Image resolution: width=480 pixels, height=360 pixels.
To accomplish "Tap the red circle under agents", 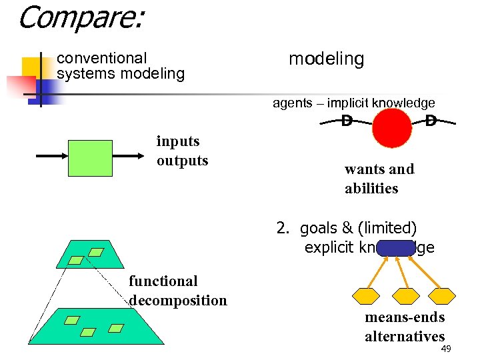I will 392,127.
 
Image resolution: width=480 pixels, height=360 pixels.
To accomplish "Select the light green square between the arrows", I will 91,157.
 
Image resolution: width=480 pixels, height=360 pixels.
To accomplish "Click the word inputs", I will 178,141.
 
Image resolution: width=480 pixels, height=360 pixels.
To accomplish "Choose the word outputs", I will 182,161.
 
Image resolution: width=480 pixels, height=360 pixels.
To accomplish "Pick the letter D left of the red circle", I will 347,121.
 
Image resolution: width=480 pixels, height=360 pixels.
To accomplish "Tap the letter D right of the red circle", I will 431,121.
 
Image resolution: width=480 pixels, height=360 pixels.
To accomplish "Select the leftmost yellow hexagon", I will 364,295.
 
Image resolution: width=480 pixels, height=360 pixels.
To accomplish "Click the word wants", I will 363,169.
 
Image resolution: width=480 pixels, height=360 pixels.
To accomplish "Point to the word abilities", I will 371,189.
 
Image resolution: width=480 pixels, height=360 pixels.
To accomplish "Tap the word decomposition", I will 178,301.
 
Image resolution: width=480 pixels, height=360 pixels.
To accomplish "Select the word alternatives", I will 405,336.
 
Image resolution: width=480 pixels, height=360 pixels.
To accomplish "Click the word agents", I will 292,103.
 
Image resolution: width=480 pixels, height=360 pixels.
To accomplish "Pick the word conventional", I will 102,59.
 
